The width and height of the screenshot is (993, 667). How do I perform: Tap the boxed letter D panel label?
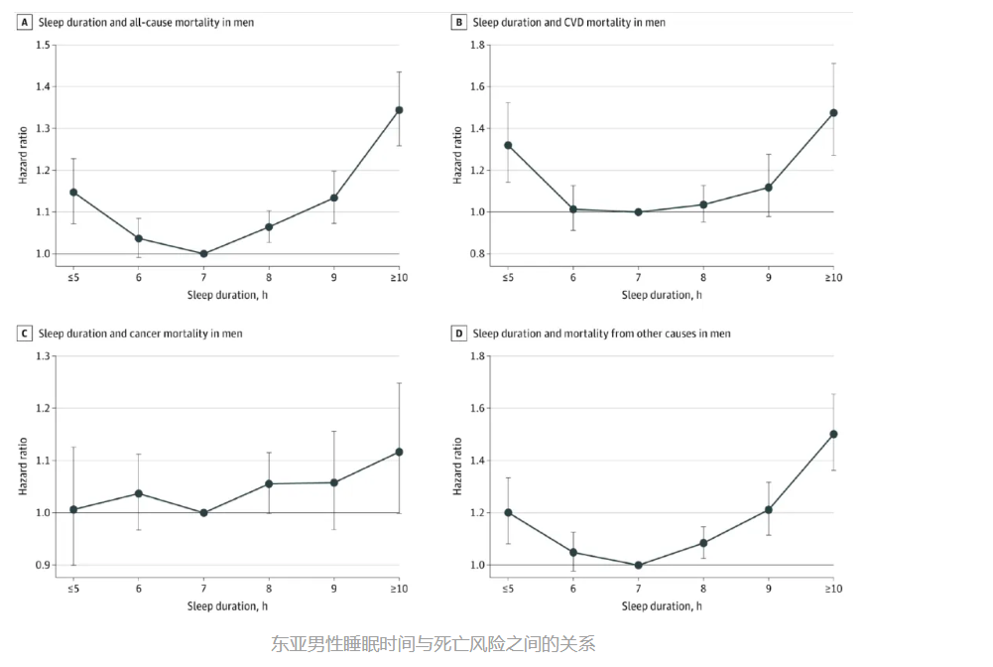point(458,333)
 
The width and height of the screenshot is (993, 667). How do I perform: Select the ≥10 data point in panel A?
point(399,110)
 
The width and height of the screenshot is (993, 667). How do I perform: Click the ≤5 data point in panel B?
point(508,145)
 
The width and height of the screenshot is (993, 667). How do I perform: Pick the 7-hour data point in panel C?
point(203,513)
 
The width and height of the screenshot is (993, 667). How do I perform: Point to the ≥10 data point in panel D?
point(833,434)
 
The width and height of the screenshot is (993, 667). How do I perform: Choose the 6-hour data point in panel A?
point(139,238)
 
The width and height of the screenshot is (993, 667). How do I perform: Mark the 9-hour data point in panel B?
point(768,188)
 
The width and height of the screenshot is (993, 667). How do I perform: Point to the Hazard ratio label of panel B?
point(457,155)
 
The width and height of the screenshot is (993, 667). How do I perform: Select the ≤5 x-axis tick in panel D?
point(508,589)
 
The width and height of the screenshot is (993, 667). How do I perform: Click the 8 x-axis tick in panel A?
point(269,277)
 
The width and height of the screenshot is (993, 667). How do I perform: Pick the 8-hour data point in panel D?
point(703,543)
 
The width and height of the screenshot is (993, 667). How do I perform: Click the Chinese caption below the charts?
point(433,644)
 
